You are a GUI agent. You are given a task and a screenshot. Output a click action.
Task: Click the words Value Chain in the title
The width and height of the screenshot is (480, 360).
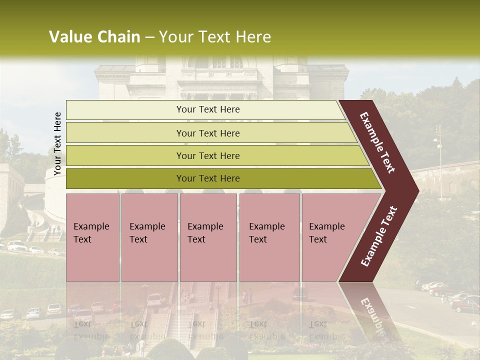[x=94, y=37]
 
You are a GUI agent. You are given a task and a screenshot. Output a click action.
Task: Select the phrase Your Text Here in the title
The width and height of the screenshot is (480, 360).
[x=215, y=37]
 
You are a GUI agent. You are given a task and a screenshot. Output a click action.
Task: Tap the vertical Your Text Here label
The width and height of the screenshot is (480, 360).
[x=57, y=143]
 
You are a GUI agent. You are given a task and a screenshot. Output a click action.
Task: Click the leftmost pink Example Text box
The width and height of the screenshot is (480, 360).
[x=92, y=237]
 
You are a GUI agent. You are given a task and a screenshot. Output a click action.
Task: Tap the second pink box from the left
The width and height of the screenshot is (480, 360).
[x=149, y=237]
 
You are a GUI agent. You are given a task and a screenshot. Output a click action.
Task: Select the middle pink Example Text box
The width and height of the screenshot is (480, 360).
[x=208, y=237]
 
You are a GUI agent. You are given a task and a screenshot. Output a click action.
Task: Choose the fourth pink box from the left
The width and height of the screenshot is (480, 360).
[x=269, y=237]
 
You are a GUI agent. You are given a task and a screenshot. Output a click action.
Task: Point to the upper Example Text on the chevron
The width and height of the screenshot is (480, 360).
[x=377, y=142]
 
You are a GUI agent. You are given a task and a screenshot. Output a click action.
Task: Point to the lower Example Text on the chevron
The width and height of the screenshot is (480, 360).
[x=379, y=236]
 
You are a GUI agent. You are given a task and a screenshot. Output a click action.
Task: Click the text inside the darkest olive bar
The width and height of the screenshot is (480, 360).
[x=208, y=178]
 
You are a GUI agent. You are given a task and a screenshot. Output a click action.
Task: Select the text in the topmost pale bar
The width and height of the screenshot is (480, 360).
[x=208, y=109]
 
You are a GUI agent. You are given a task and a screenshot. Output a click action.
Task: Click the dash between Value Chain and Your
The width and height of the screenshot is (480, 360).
[x=149, y=37]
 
